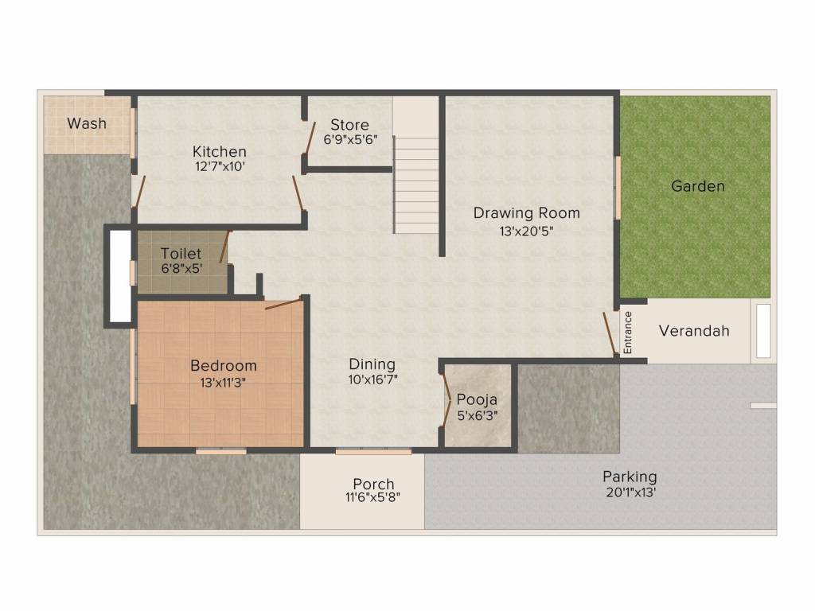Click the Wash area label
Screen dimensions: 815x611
click(87, 123)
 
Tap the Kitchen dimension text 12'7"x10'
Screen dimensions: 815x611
click(220, 167)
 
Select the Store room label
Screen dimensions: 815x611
click(350, 125)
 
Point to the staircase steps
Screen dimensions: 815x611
click(416, 185)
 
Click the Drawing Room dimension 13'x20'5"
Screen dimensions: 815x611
click(527, 231)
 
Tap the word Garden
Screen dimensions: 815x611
click(698, 186)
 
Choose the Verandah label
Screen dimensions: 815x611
click(694, 331)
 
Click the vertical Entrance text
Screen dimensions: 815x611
click(628, 333)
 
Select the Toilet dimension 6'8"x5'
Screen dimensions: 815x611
click(182, 269)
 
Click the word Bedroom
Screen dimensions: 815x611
click(224, 366)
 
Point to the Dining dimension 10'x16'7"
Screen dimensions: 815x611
click(373, 379)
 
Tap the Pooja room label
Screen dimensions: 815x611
click(478, 399)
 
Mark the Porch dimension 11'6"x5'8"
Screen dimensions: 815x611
click(373, 497)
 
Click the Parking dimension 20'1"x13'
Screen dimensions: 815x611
click(630, 492)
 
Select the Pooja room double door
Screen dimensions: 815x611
click(446, 399)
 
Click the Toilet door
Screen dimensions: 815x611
click(224, 247)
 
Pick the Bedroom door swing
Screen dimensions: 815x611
click(283, 304)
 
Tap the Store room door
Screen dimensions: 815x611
click(310, 138)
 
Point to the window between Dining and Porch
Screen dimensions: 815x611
click(373, 452)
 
